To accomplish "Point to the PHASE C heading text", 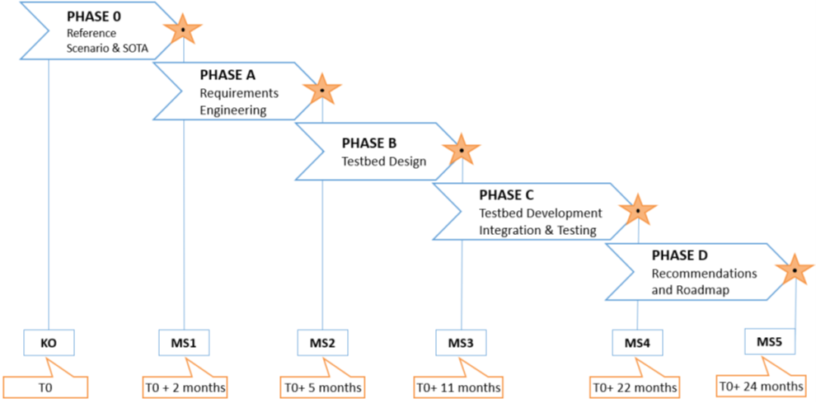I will (507, 195).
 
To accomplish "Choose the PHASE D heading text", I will (680, 255).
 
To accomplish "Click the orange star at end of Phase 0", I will (182, 31).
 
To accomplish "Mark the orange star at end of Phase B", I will (462, 150).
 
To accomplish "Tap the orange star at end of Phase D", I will (795, 269).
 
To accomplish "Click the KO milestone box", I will (49, 342).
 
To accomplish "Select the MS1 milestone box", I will (184, 342).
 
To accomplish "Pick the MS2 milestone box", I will (322, 342).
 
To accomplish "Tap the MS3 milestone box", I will (461, 342).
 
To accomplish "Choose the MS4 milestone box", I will (638, 342).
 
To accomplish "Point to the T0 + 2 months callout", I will (184, 387).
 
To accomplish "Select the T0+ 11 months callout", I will (457, 387).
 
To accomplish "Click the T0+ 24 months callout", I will (761, 385).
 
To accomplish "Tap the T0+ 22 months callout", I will (634, 387).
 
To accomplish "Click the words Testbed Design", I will (384, 161).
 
